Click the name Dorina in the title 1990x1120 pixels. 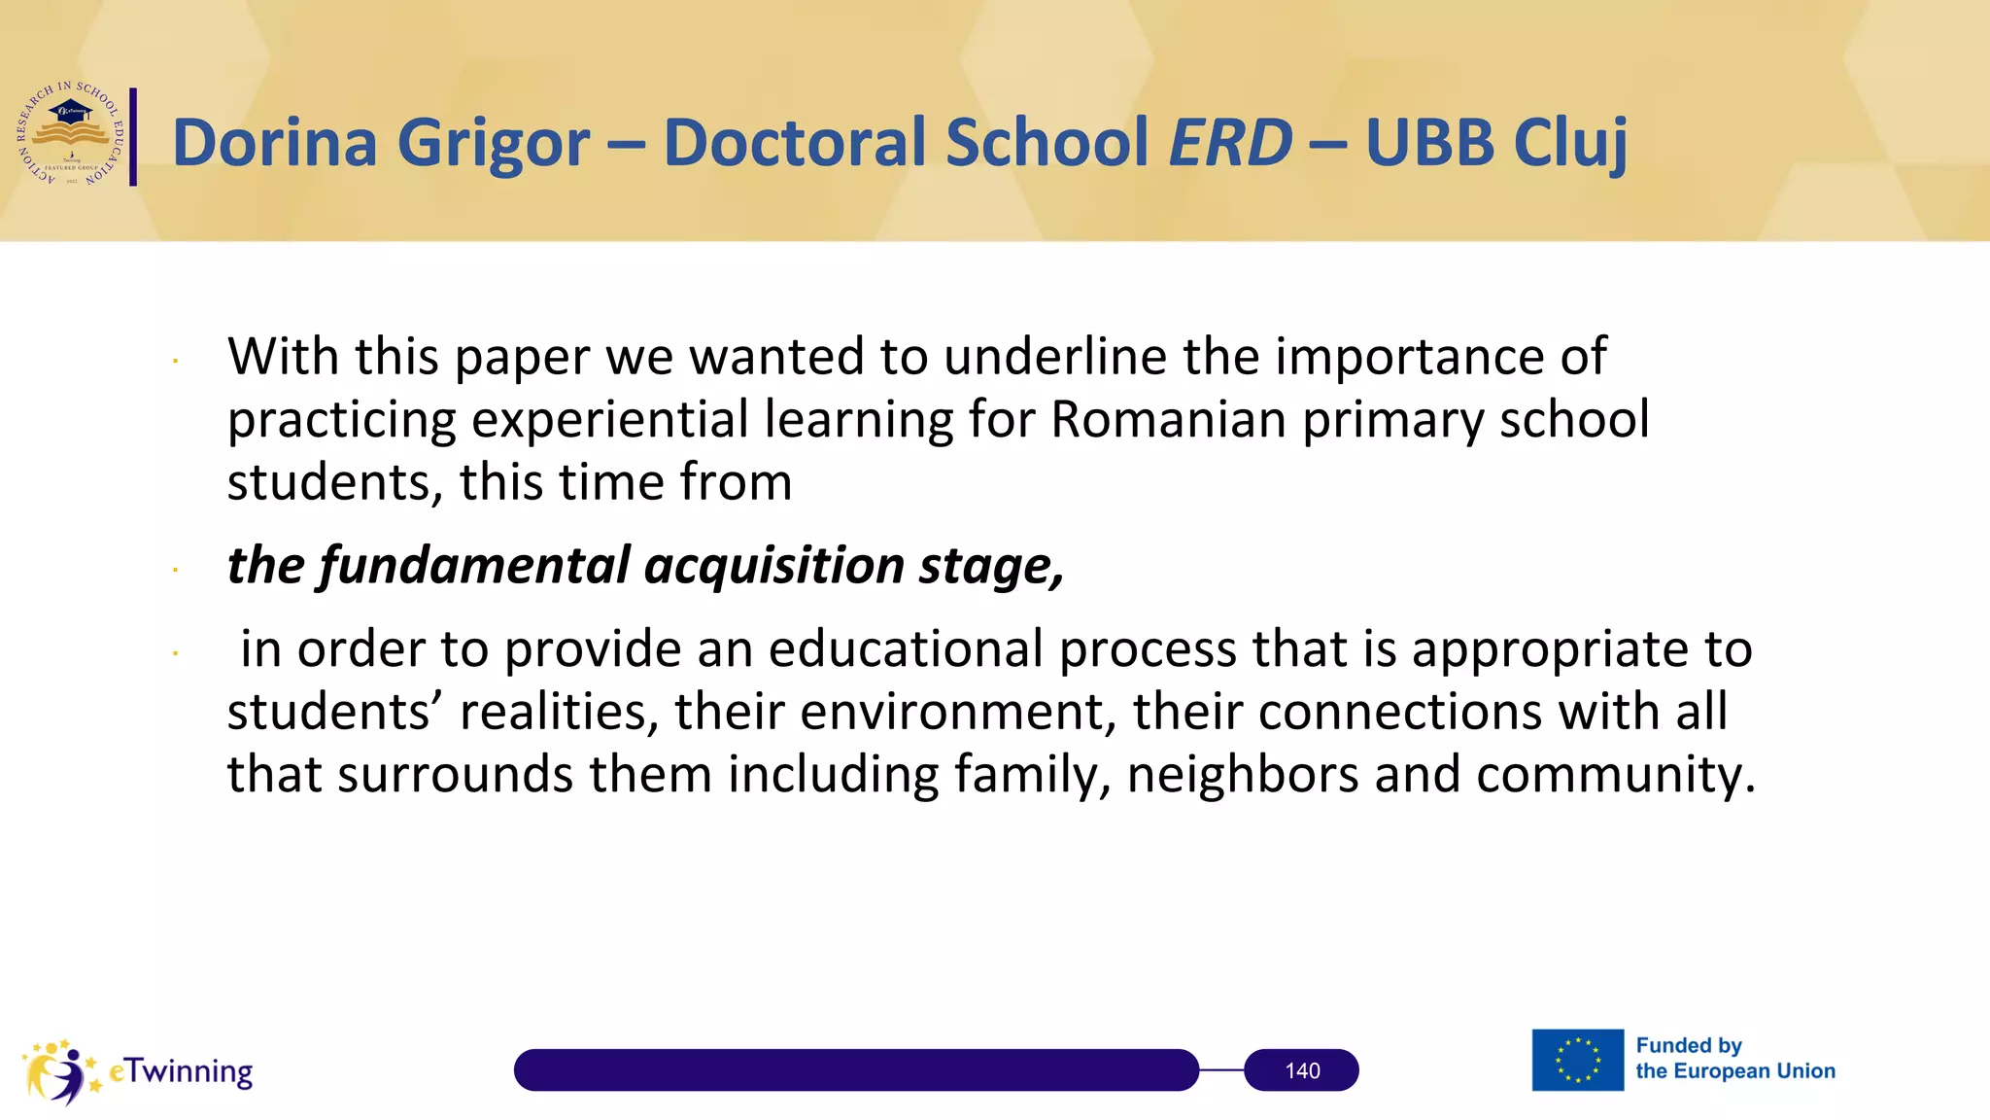pyautogui.click(x=275, y=142)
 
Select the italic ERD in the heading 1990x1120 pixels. pyautogui.click(x=1230, y=142)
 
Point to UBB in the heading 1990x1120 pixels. pyautogui.click(x=1429, y=142)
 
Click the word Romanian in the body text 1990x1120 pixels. pyautogui.click(x=1169, y=419)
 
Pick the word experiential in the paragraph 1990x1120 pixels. pyautogui.click(x=610, y=419)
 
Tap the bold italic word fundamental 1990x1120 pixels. pyautogui.click(x=475, y=565)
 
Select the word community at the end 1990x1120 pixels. pyautogui.click(x=1614, y=776)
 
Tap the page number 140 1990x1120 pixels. pyautogui.click(x=1301, y=1070)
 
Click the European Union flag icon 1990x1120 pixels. pyautogui.click(x=1577, y=1060)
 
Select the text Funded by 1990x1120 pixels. pyautogui.click(x=1689, y=1046)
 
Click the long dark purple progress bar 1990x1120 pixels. pyautogui.click(x=855, y=1070)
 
